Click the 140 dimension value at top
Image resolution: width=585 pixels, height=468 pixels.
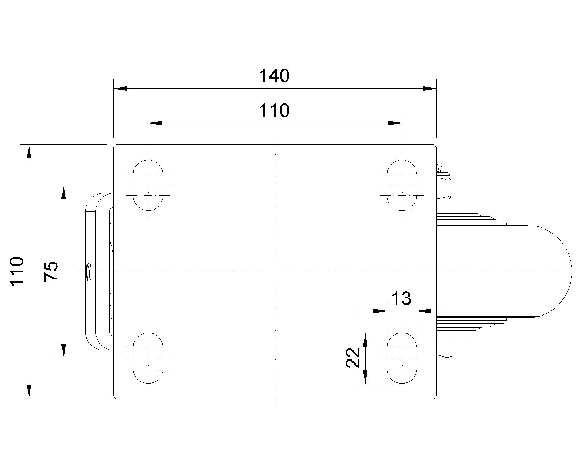(274, 76)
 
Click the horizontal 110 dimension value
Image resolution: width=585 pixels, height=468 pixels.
(274, 110)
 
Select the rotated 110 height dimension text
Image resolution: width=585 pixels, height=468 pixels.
(17, 271)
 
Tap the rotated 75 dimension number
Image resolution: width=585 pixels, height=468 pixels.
(51, 271)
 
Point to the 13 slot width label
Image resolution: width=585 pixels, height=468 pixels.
(401, 298)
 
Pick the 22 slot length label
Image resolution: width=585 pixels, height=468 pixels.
(353, 358)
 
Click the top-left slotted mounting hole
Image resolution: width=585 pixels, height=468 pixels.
(148, 185)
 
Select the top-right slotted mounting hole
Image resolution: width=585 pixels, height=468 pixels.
(402, 185)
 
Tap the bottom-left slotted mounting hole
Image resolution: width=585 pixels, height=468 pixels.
(148, 358)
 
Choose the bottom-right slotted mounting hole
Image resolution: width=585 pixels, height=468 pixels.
(402, 358)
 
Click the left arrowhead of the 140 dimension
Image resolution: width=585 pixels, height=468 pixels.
(120, 88)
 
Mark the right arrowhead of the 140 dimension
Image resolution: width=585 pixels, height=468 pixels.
(430, 88)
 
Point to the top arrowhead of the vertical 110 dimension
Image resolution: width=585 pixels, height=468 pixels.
(29, 151)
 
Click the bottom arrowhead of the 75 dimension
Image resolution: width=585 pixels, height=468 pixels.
(64, 351)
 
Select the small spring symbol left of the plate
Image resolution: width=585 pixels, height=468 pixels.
(89, 271)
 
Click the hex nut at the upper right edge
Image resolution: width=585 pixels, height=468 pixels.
(444, 185)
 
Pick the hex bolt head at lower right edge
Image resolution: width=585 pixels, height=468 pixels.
(445, 351)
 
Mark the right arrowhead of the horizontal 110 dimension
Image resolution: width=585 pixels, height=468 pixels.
(395, 123)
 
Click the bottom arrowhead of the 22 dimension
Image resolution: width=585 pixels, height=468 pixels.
(365, 377)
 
